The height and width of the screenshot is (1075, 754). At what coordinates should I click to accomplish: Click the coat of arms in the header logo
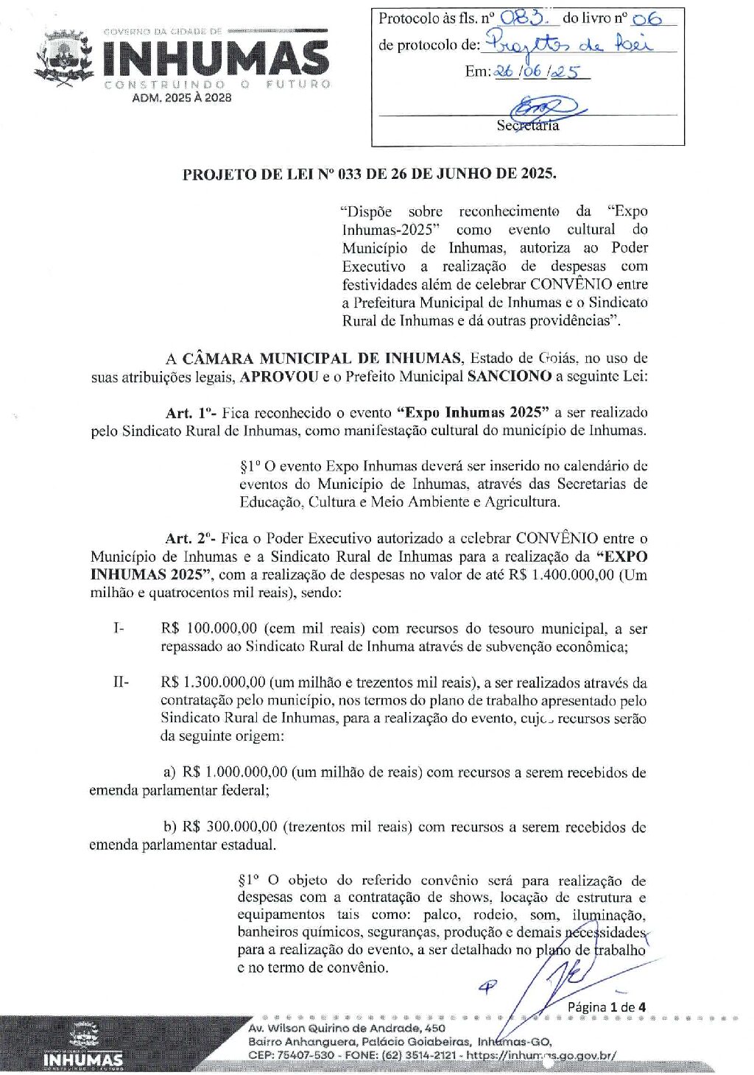[65, 57]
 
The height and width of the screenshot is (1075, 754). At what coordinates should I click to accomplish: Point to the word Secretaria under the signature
[527, 126]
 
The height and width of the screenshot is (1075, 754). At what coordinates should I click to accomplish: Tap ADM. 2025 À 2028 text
[181, 98]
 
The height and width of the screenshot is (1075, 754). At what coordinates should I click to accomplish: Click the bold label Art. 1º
[189, 413]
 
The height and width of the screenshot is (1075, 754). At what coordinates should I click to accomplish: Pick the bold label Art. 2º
[189, 539]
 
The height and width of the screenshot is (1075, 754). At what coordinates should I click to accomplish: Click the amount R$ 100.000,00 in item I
[209, 629]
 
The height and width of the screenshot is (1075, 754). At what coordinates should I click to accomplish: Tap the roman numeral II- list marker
[121, 683]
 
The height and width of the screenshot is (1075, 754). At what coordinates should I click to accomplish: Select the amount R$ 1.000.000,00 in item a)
[235, 772]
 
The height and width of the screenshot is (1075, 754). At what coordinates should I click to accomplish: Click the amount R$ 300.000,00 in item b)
[230, 827]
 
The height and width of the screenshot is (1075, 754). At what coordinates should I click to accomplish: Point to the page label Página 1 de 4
[607, 1007]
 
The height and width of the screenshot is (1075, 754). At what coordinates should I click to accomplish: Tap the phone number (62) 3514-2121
[420, 1055]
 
